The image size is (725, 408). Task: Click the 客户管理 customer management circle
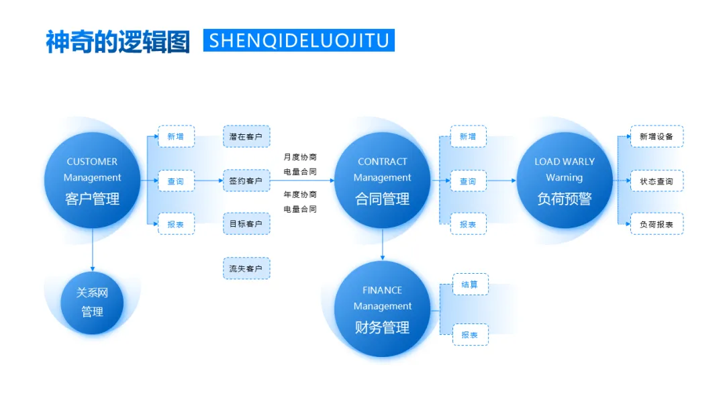(93, 180)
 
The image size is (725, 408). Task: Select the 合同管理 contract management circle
(382, 180)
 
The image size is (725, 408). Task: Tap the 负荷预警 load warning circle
(564, 180)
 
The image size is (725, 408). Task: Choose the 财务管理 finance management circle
(382, 309)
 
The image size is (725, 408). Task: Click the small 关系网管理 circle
(92, 303)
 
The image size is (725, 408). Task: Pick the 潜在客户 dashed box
(246, 136)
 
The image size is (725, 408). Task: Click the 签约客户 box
(246, 181)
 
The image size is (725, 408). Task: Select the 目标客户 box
(246, 223)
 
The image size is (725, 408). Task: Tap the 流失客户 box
(246, 268)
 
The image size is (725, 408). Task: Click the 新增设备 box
(657, 136)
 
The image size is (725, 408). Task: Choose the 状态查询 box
(657, 181)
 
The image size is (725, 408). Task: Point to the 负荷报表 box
(657, 223)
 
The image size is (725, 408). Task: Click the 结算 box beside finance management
(470, 285)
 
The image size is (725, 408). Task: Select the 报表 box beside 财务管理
(470, 334)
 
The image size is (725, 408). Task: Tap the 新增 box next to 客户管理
(176, 136)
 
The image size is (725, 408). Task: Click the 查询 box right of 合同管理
(468, 181)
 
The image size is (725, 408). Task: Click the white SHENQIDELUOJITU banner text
(299, 40)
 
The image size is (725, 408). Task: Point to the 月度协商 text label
(300, 157)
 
